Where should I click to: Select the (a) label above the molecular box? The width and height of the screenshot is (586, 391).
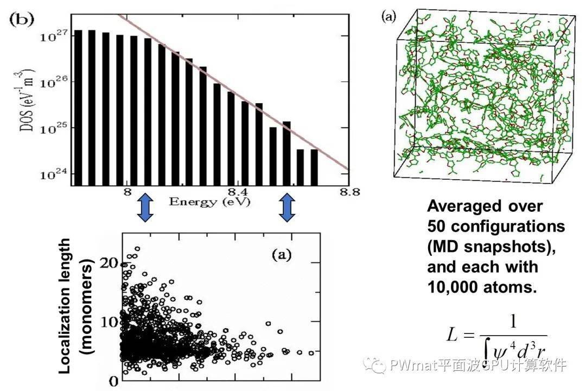click(x=389, y=17)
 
